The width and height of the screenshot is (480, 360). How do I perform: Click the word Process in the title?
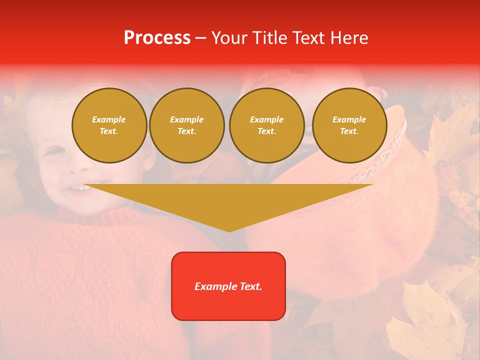[x=157, y=38]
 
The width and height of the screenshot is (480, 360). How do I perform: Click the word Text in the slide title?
[x=307, y=38]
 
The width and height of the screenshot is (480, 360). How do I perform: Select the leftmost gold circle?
[x=109, y=125]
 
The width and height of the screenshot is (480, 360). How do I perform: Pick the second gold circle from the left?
[x=186, y=125]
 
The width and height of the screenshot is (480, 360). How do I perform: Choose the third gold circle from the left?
[x=266, y=125]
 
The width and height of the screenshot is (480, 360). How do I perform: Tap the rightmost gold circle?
[x=349, y=125]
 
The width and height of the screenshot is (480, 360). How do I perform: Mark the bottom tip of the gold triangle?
[x=229, y=231]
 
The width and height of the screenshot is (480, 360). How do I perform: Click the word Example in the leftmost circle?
[x=109, y=119]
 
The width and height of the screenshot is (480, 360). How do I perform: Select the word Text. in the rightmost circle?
[x=349, y=131]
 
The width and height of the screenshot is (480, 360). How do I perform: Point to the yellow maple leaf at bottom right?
[x=425, y=320]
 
